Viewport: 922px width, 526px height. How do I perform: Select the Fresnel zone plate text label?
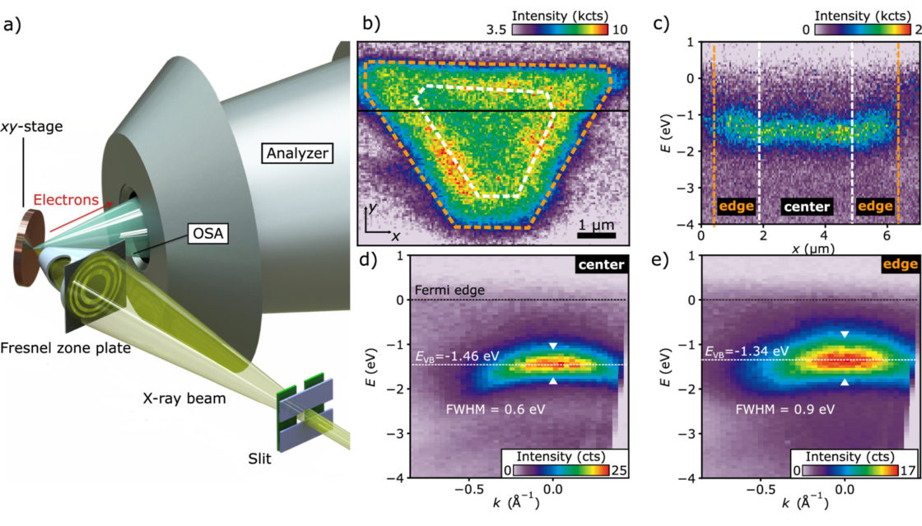coord(66,348)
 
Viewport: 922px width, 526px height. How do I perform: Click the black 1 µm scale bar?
coord(593,235)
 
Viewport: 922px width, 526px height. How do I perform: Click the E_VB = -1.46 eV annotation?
coord(456,355)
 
